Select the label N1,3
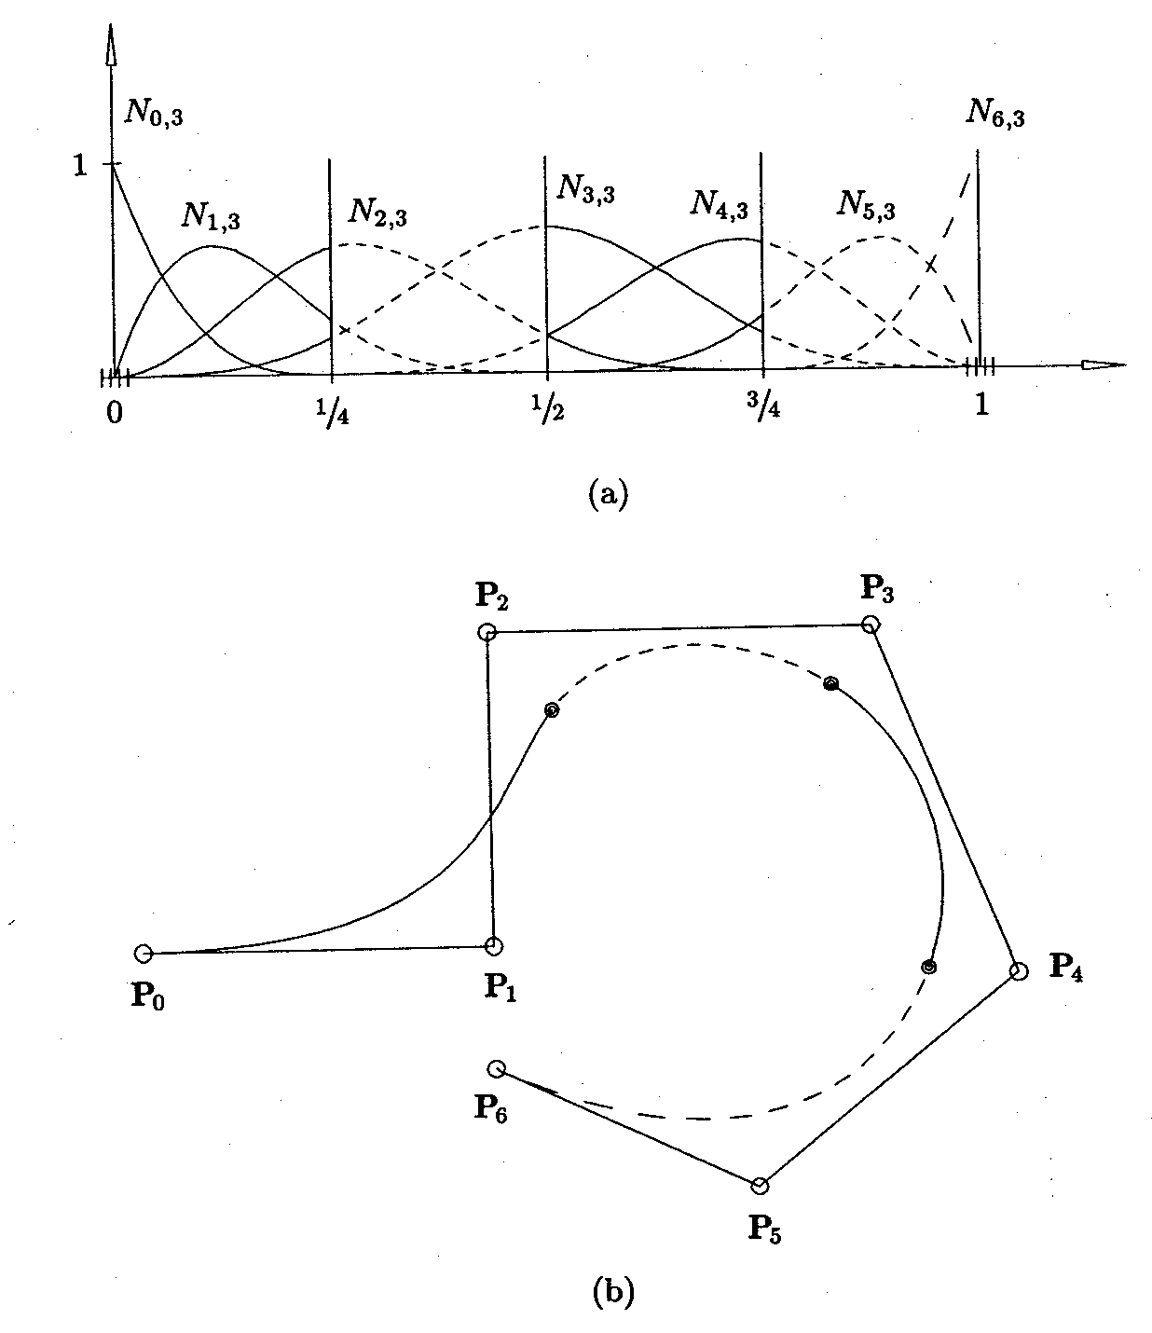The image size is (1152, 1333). [210, 217]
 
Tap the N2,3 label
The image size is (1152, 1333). [377, 213]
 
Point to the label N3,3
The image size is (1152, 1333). [585, 189]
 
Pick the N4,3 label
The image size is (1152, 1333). [719, 204]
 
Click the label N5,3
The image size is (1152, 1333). [866, 205]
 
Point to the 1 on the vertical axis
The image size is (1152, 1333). [80, 165]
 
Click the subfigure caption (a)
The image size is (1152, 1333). [610, 492]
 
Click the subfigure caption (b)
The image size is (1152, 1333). [613, 1292]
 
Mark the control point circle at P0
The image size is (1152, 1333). [143, 953]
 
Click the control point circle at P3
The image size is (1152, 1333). [869, 624]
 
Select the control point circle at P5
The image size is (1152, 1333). [760, 1186]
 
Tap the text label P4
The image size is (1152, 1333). [1066, 967]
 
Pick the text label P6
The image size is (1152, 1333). [490, 1106]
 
